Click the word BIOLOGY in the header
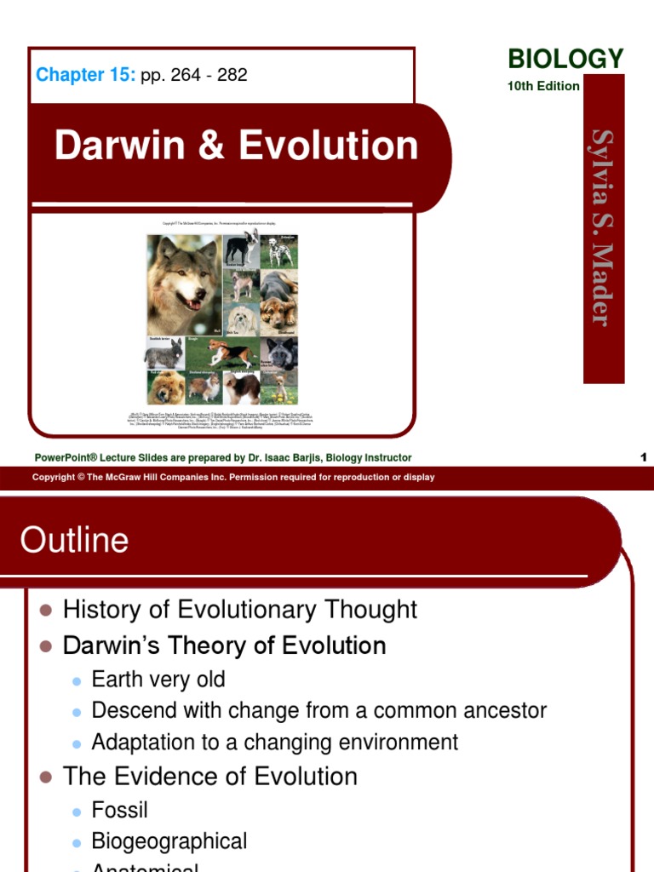click(x=565, y=59)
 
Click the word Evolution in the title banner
click(x=328, y=146)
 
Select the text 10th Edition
click(x=543, y=86)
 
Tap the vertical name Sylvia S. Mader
click(x=603, y=227)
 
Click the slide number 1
click(x=644, y=457)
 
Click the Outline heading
click(x=75, y=540)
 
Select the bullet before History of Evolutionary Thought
click(x=46, y=611)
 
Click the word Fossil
click(x=120, y=809)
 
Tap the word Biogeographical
click(x=169, y=842)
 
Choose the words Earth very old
click(x=158, y=680)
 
